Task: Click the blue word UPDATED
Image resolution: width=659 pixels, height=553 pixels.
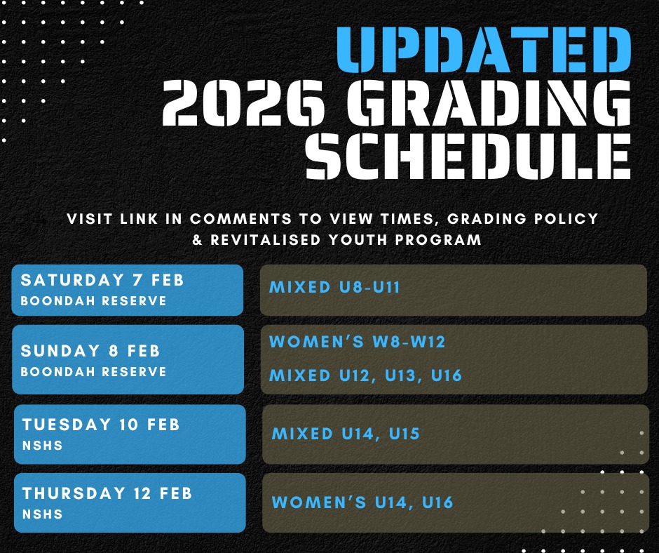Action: point(484,50)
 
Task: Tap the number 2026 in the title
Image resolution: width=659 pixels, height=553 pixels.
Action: point(243,103)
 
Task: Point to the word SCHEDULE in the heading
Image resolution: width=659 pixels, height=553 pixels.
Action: point(468,156)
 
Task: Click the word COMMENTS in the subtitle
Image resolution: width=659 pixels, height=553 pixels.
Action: point(240,219)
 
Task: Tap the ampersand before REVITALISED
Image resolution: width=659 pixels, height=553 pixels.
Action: point(198,240)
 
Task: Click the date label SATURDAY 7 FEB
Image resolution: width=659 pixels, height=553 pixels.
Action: point(102,280)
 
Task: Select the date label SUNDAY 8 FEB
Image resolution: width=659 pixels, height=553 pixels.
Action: point(90,351)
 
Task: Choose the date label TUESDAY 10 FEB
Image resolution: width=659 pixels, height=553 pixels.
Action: point(101,425)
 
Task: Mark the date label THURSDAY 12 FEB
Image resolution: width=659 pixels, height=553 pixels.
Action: point(107,493)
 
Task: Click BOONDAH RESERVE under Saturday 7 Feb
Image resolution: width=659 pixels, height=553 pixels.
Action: point(93,301)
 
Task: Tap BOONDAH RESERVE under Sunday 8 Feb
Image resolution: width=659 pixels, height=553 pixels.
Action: point(93,372)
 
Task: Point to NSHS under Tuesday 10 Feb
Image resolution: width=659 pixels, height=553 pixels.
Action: point(43,445)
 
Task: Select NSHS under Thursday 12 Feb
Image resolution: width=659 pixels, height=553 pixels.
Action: point(43,514)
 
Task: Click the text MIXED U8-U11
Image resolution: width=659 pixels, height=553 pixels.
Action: point(334,288)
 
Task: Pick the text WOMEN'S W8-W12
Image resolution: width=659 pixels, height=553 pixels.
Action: point(357,341)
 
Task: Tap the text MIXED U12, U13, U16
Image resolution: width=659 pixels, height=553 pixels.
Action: point(365,375)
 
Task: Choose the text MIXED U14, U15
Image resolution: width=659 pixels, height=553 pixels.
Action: point(346,434)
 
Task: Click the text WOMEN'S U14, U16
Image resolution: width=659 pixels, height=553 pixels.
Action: point(362,502)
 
